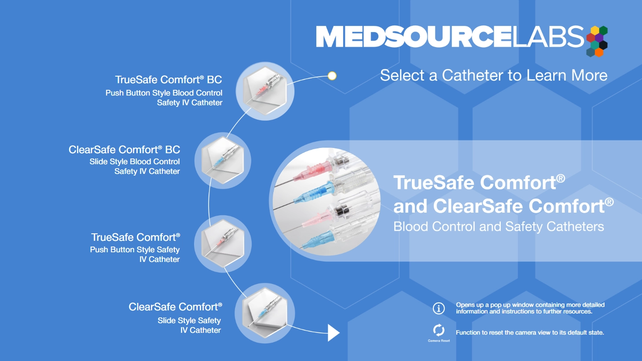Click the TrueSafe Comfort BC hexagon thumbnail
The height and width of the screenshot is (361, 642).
tap(265, 91)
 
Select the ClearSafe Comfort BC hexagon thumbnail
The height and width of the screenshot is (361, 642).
tap(223, 160)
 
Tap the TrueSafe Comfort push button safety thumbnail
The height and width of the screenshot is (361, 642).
tap(223, 243)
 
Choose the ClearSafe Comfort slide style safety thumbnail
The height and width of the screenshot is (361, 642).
tap(264, 313)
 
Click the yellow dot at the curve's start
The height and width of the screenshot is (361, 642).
tap(332, 76)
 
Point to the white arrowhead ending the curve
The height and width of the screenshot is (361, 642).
tap(333, 333)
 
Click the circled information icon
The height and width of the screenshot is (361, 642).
tap(439, 308)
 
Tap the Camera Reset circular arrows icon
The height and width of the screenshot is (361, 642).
tap(439, 330)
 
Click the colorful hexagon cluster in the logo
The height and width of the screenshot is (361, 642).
tap(597, 41)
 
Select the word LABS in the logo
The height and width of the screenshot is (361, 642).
tap(548, 37)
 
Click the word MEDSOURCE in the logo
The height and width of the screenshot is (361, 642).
tap(413, 37)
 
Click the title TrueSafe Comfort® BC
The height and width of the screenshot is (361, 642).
tap(169, 80)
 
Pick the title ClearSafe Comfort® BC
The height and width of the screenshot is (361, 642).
tap(125, 150)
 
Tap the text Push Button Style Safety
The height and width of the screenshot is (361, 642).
tap(135, 250)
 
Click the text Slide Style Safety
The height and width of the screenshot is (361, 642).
tap(189, 320)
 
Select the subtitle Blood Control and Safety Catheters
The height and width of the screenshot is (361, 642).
tap(499, 227)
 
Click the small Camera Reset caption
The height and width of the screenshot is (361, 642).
tap(439, 341)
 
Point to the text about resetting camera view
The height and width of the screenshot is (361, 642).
tap(530, 333)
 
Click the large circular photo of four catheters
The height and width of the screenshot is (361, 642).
tap(326, 202)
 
